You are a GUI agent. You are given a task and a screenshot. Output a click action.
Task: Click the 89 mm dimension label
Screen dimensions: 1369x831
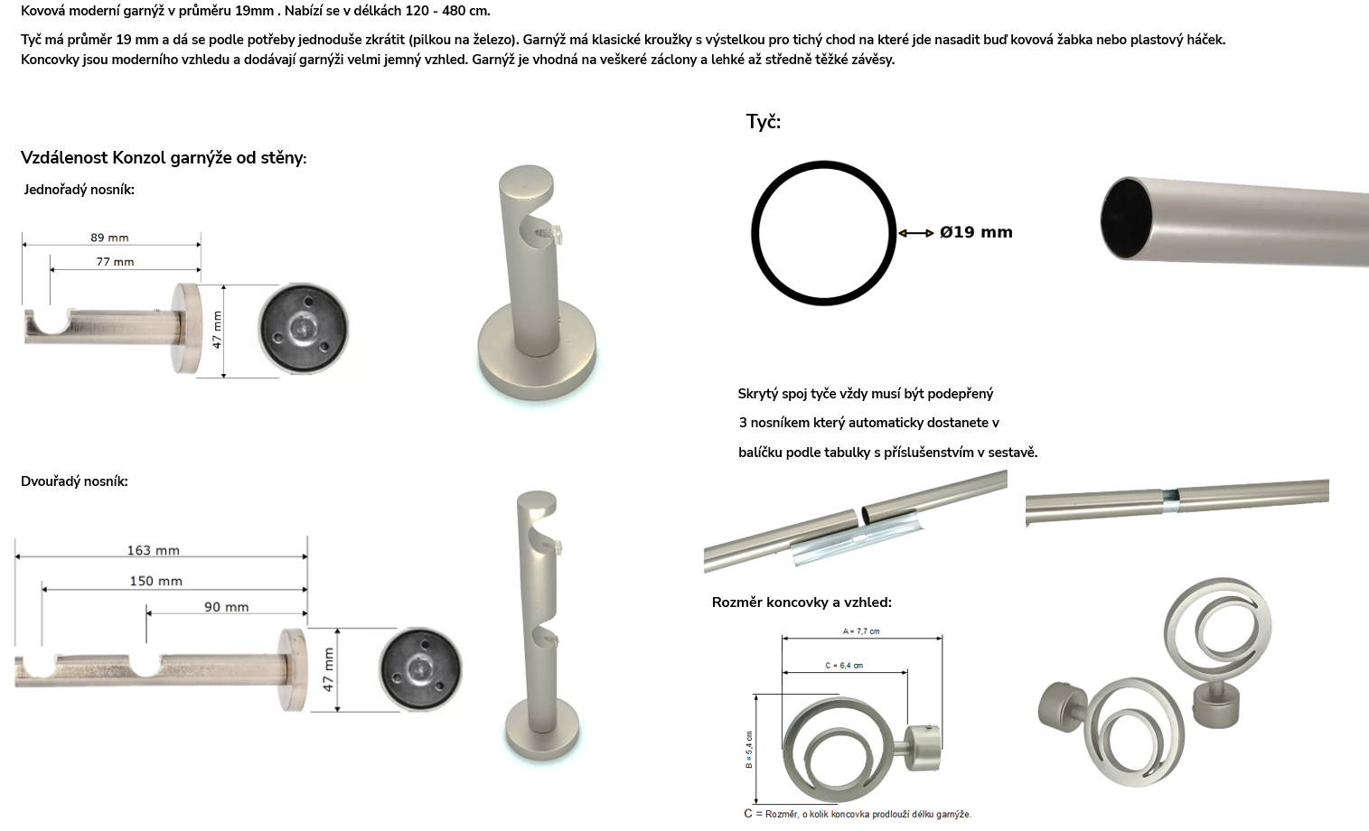coord(109,238)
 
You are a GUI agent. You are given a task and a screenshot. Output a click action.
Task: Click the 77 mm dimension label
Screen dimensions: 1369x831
coord(115,262)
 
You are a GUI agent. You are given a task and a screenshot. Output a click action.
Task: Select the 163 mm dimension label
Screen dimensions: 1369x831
coord(154,551)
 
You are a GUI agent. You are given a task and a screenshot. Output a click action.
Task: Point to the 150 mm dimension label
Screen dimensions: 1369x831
coord(155,581)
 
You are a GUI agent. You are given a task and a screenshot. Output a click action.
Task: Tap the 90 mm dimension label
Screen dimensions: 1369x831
coord(226,607)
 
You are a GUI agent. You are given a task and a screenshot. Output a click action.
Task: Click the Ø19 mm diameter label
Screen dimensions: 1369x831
coord(976,232)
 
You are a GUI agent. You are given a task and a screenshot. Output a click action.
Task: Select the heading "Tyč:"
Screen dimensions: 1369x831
coord(764,122)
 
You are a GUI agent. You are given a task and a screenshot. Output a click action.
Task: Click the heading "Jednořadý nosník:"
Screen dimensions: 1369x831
coord(79,190)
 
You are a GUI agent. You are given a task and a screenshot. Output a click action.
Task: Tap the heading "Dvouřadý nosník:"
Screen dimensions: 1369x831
coord(75,481)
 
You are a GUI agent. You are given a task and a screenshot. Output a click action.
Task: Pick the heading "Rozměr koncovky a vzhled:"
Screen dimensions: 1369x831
coord(802,602)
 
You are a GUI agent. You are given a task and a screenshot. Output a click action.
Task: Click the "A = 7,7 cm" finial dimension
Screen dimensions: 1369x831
coord(861,631)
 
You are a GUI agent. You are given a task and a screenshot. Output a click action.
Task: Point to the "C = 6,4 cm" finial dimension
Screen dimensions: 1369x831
coord(844,666)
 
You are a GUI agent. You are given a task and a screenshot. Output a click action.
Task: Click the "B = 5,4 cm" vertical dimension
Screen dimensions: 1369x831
coord(749,750)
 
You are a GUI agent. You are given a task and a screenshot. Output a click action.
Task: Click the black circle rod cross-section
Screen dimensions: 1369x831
coord(824,163)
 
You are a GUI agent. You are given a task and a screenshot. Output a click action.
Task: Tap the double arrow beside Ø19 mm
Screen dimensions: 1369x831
coord(916,233)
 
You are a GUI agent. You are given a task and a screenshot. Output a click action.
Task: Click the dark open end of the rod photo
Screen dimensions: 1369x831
coord(1125,219)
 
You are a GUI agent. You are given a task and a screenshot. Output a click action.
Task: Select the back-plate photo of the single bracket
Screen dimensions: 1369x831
coord(303,328)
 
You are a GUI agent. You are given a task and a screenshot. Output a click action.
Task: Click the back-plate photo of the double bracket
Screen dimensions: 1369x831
coord(420,669)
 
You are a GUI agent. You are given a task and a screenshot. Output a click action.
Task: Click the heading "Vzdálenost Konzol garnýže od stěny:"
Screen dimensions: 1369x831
coord(164,158)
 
